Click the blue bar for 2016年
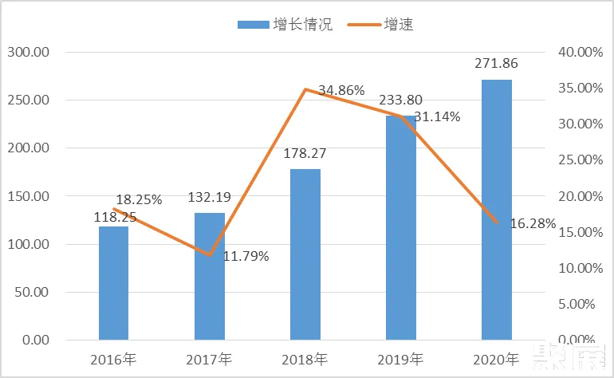113,283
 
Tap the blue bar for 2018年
305,254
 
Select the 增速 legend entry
381,25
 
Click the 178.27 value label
305,153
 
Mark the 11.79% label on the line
246,257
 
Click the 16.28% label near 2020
531,224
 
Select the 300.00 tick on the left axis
28,53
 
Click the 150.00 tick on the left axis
28,196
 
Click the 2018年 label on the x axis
305,360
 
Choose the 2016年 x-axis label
113,360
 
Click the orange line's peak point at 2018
305,89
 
